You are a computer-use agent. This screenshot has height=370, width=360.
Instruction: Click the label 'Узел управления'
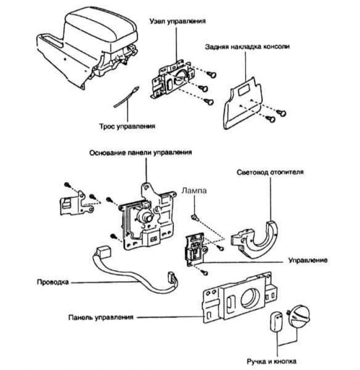pos(177,21)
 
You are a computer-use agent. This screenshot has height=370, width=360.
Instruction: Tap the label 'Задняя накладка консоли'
pos(247,46)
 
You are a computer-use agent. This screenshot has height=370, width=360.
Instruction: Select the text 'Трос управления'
pos(127,126)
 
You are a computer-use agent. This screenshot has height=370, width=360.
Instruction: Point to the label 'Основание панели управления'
pos(140,153)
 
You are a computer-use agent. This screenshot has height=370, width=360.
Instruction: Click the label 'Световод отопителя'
pos(270,172)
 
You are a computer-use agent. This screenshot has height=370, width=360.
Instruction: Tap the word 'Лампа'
pos(194,190)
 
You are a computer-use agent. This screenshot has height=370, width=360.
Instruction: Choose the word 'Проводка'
pos(53,282)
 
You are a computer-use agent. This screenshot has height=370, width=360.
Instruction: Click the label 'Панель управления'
pos(101,317)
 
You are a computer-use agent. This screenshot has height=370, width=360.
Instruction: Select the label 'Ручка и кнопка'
pos(271,361)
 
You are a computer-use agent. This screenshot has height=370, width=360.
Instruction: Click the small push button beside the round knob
pos(276,322)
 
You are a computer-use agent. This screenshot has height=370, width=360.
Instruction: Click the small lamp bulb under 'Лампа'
pos(195,217)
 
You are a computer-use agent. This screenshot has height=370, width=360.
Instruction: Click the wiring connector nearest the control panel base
pos(103,251)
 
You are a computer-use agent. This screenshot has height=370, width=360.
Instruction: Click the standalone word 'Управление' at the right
pos(308,260)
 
